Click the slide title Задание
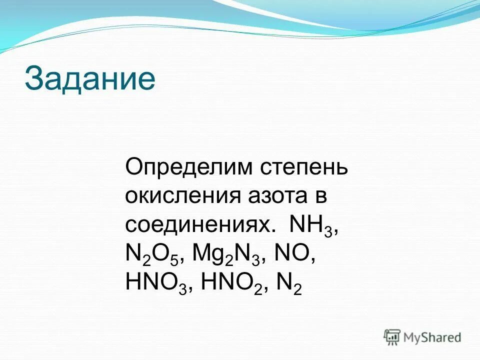click(x=90, y=79)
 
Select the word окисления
click(x=181, y=196)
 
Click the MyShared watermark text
click(x=432, y=337)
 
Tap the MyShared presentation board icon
click(x=392, y=337)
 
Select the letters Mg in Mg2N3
click(x=206, y=256)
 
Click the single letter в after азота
click(x=320, y=196)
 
